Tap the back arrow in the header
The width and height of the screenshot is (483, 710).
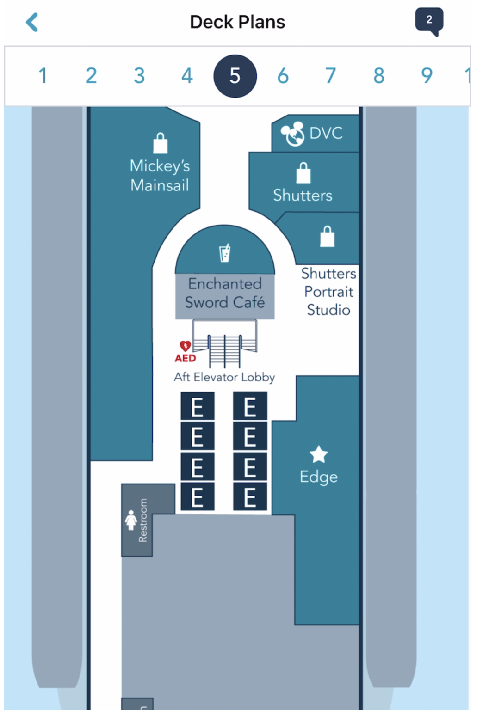[32, 22]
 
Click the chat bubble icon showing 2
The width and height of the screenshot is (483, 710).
[429, 21]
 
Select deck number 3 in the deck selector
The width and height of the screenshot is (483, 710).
[139, 76]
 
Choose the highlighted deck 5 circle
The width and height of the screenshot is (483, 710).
[235, 76]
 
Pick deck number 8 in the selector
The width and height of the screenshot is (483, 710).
[379, 76]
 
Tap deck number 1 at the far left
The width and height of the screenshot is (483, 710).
[43, 76]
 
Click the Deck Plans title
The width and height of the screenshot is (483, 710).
[237, 22]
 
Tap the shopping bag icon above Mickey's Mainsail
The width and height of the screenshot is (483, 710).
[161, 143]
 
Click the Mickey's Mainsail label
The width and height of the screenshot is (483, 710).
[160, 176]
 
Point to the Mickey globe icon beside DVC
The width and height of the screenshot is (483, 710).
[293, 134]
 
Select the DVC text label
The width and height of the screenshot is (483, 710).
[326, 133]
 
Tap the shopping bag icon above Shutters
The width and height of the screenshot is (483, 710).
[303, 173]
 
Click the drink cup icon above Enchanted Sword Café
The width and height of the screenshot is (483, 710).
[225, 253]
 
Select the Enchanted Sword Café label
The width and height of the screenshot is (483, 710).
[225, 293]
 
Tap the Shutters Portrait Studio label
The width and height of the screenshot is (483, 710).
[328, 292]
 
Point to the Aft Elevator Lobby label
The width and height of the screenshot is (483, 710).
[224, 377]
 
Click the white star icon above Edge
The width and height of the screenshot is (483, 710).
[319, 454]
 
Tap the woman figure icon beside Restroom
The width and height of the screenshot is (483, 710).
[131, 520]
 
